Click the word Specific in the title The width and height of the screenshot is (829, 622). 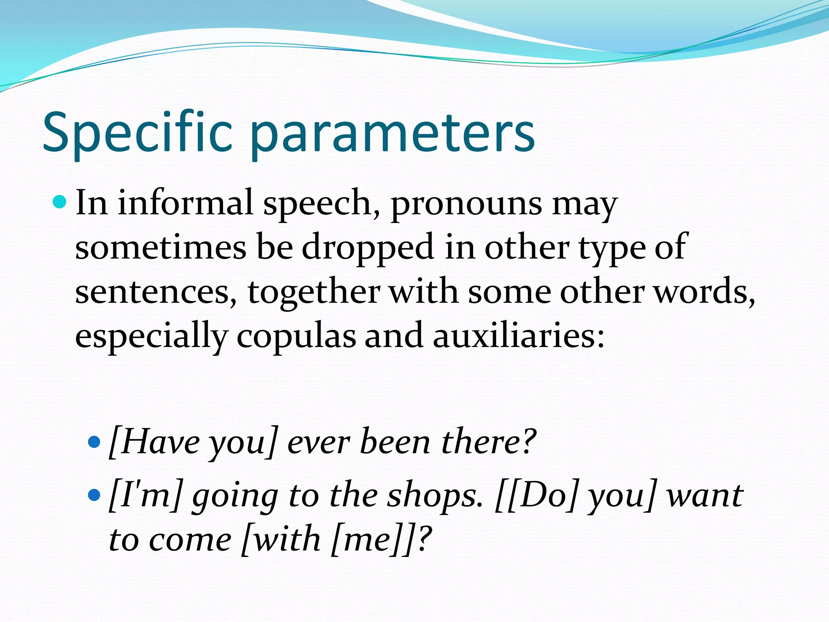coord(138,132)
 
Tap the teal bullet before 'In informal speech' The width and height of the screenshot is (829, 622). coord(60,201)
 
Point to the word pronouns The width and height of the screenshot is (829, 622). coord(466,204)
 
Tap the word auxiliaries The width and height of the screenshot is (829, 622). coord(518,336)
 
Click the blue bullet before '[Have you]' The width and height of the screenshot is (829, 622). coord(94,441)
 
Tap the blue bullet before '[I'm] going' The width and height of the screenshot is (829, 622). coord(94,494)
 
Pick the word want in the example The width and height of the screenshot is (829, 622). coord(705,496)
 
